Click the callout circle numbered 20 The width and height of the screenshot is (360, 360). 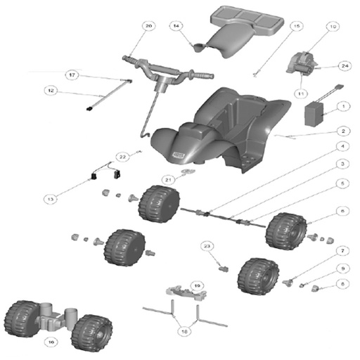[x=148, y=27]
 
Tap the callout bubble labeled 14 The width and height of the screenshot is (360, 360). [x=176, y=27]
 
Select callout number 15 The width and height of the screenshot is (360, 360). [x=296, y=27]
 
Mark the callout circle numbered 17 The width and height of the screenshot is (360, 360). [x=72, y=75]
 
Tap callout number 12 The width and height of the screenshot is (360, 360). [x=50, y=90]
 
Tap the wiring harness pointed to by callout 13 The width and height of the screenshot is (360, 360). [x=105, y=173]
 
